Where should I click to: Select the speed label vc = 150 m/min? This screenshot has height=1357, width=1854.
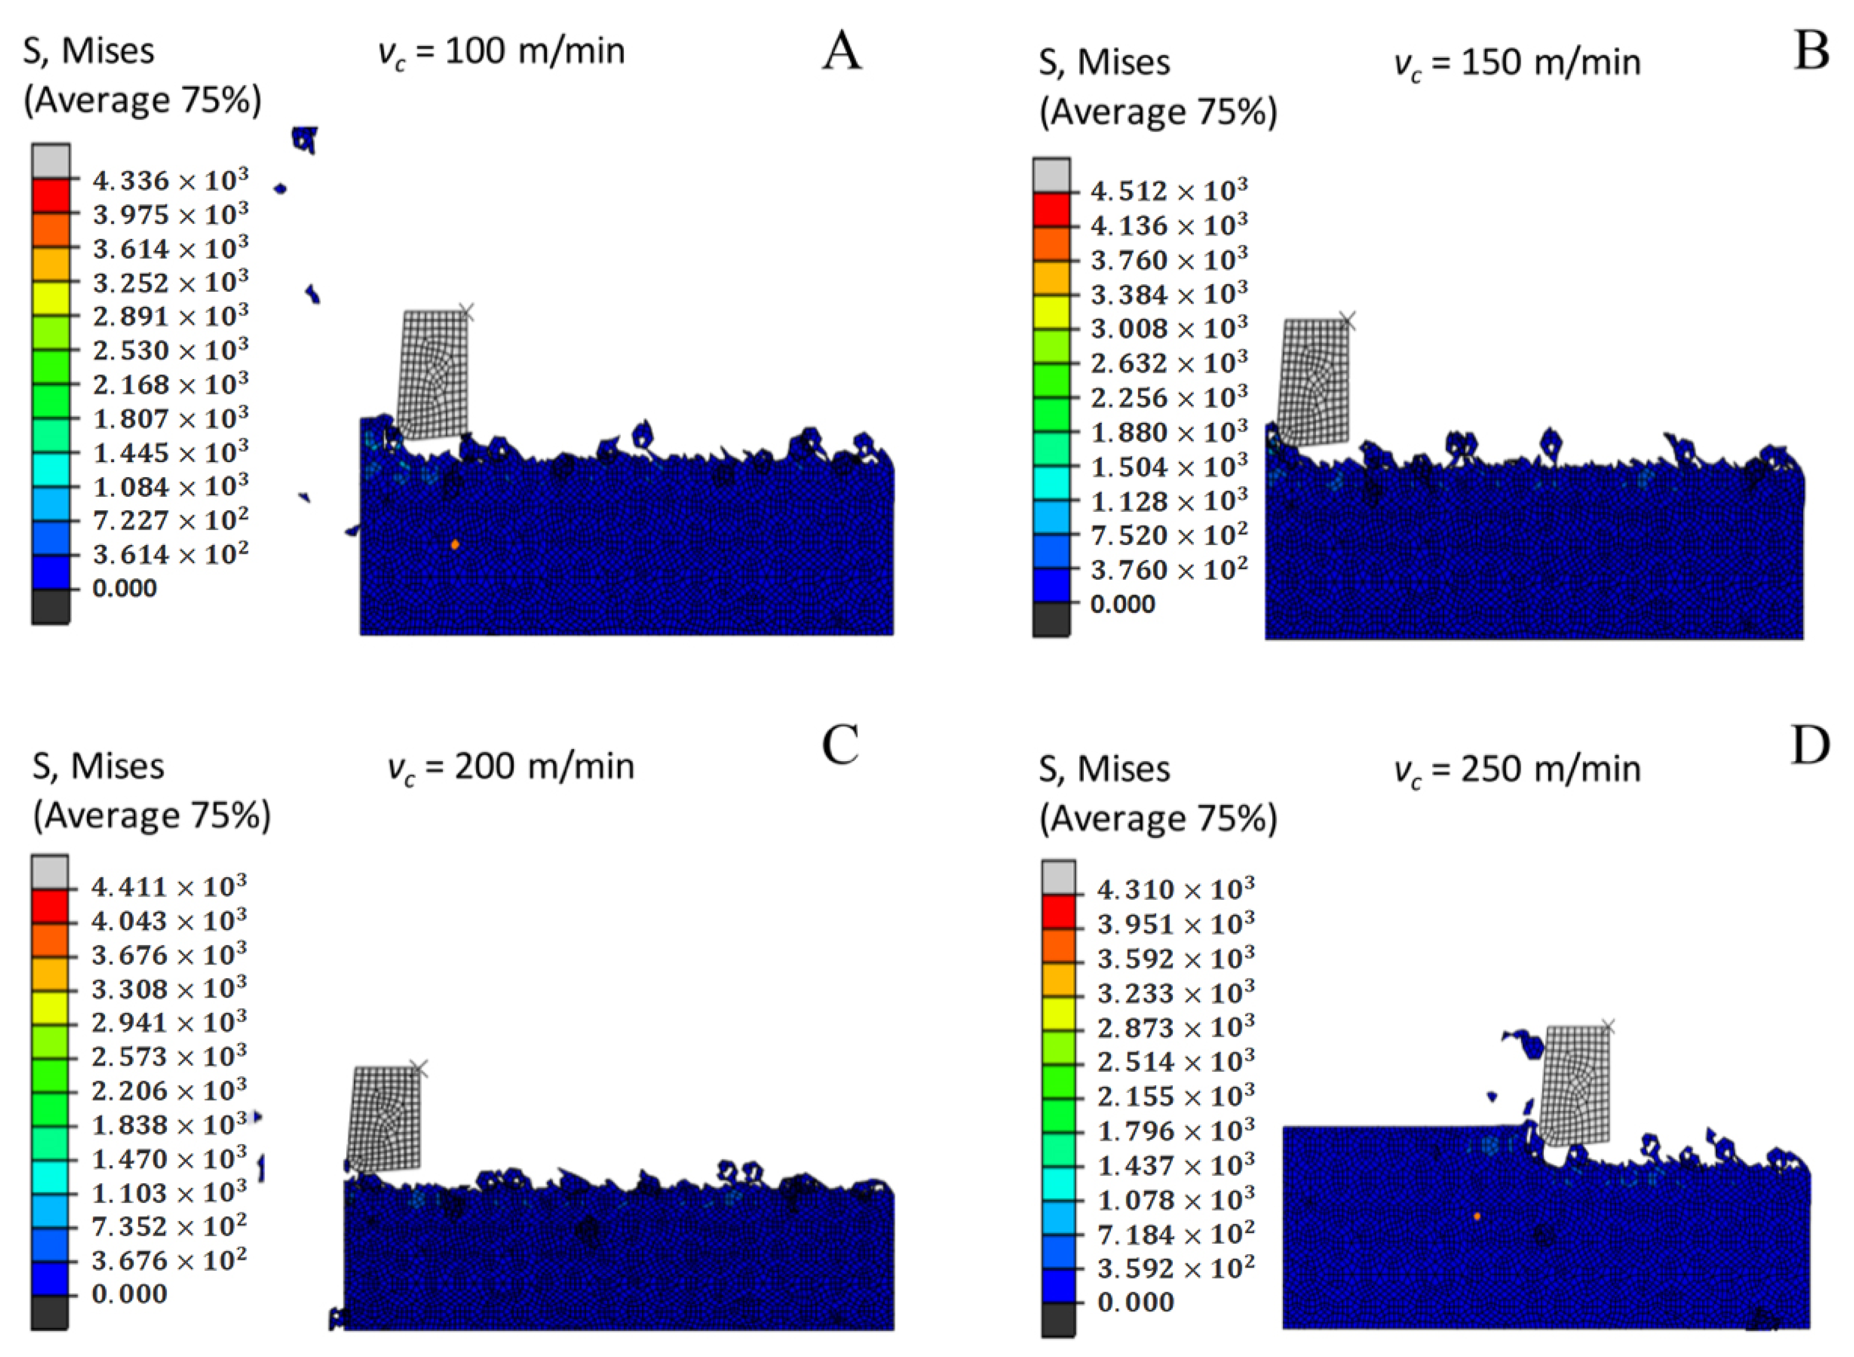[1517, 63]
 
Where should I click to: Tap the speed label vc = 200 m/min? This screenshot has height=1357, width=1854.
[511, 767]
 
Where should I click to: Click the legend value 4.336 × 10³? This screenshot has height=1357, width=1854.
[170, 180]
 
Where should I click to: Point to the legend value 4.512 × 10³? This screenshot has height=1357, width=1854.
[1168, 191]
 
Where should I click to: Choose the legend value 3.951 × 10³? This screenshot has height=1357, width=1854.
[1175, 924]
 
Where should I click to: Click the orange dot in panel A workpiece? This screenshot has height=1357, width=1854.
[455, 544]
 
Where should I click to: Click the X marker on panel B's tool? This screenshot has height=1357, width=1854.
[1347, 321]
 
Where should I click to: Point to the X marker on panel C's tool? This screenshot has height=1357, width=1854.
[419, 1068]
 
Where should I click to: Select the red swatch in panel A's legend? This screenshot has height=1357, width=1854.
[51, 196]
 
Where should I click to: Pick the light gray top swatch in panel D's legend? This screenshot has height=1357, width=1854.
[1058, 877]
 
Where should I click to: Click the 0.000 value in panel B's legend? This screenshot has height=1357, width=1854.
[1122, 604]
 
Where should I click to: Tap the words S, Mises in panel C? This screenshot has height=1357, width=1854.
[98, 767]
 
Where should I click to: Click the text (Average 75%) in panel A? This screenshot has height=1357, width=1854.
[142, 100]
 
